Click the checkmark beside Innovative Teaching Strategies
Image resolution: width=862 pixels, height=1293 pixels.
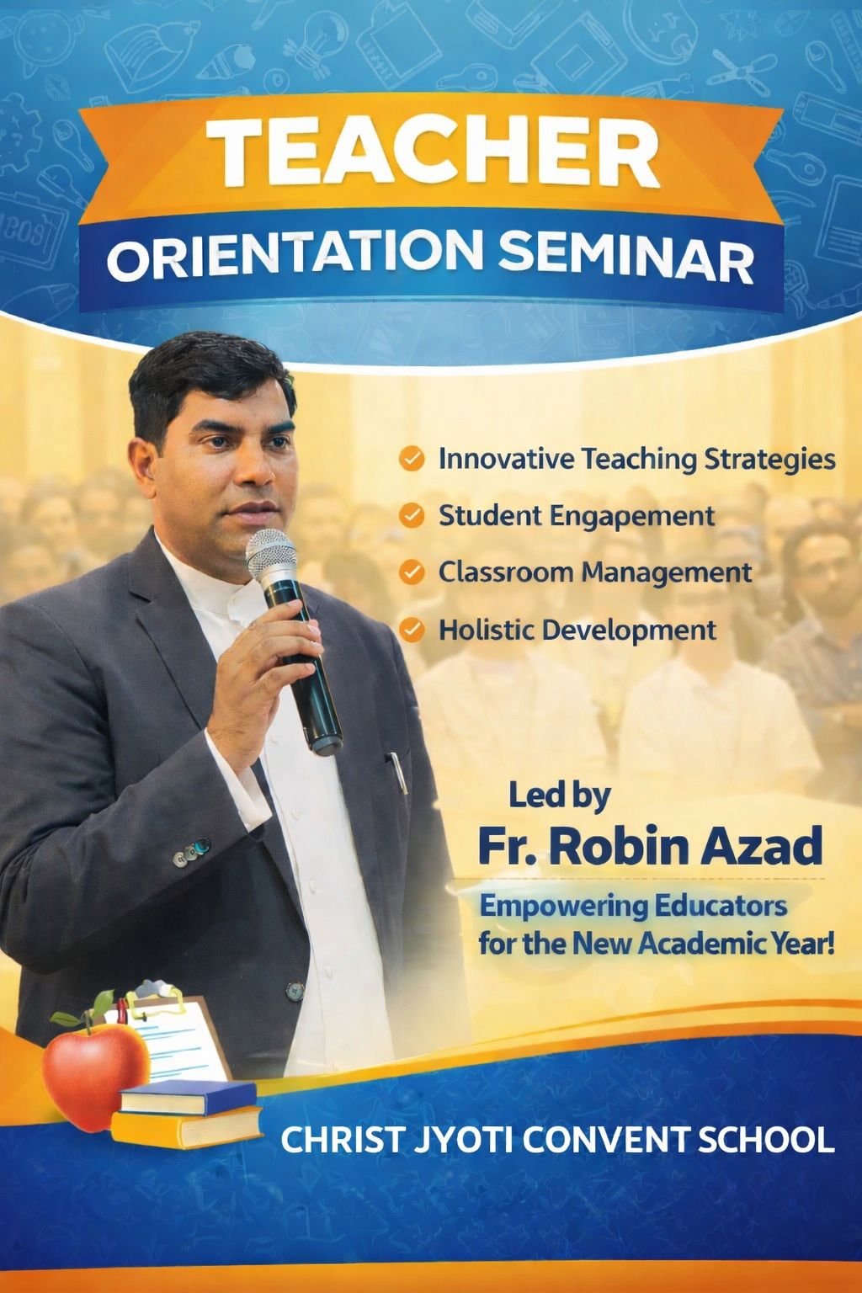[x=411, y=460]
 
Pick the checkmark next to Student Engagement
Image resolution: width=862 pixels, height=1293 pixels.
[x=411, y=515]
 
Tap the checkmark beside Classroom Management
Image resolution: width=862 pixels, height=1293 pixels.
[x=411, y=572]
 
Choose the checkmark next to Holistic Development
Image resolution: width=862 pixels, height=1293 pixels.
[x=411, y=630]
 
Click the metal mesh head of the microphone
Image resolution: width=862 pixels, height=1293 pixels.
[x=271, y=556]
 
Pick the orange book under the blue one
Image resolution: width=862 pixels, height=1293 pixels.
[x=187, y=1126]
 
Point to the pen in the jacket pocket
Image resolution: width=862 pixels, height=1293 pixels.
[x=396, y=770]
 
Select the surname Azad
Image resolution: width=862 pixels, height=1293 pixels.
[x=765, y=847]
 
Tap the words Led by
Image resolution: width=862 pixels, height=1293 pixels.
[x=560, y=795]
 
